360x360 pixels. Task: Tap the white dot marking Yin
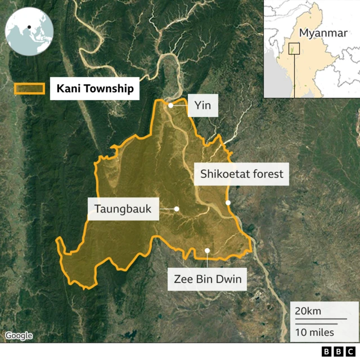[x=170, y=105]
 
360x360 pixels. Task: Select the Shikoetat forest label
[x=242, y=174]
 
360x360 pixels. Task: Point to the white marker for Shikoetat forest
[x=228, y=202]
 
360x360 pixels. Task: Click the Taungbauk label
[x=123, y=209]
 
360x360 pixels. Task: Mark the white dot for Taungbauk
[x=177, y=209]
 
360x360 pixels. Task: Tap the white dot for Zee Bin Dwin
[x=207, y=251]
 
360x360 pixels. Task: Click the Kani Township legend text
[x=94, y=89]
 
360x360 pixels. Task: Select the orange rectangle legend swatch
[x=30, y=89]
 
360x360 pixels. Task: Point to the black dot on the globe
[x=28, y=26]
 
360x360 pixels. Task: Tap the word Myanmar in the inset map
[x=323, y=33]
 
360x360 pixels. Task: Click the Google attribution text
[x=19, y=336]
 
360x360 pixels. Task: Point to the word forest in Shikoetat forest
[x=268, y=174]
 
